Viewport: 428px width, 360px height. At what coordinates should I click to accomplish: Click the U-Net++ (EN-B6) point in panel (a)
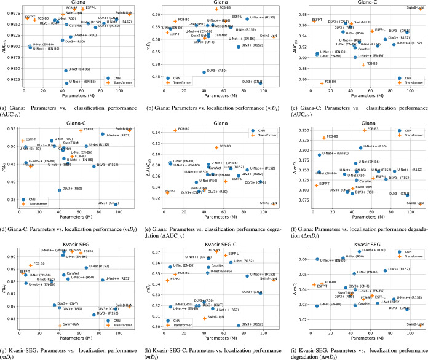point(66,83)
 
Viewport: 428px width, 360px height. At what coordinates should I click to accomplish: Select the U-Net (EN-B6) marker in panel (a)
point(66,70)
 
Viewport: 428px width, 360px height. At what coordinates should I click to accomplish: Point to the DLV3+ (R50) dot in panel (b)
point(204,72)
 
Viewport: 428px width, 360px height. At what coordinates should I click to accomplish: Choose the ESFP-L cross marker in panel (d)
point(81,131)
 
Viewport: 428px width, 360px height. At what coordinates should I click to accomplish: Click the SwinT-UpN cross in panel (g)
point(60,325)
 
